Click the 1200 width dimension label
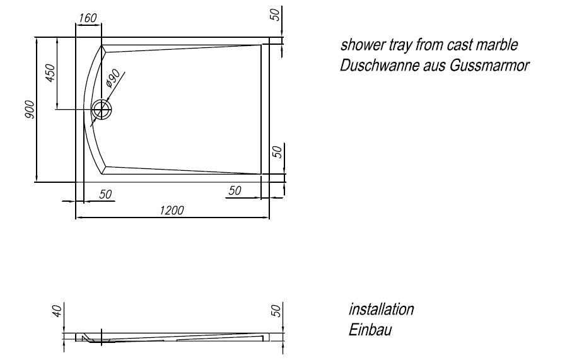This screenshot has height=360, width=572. pyautogui.click(x=172, y=211)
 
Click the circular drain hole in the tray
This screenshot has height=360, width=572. pyautogui.click(x=102, y=110)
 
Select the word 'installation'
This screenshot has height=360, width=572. pyautogui.click(x=381, y=310)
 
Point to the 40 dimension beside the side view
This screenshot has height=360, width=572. pyautogui.click(x=57, y=311)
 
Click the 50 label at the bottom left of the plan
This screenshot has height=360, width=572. pyautogui.click(x=105, y=194)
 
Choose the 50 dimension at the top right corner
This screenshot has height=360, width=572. pyautogui.click(x=276, y=14)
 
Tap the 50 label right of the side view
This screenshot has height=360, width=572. pyautogui.click(x=276, y=311)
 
